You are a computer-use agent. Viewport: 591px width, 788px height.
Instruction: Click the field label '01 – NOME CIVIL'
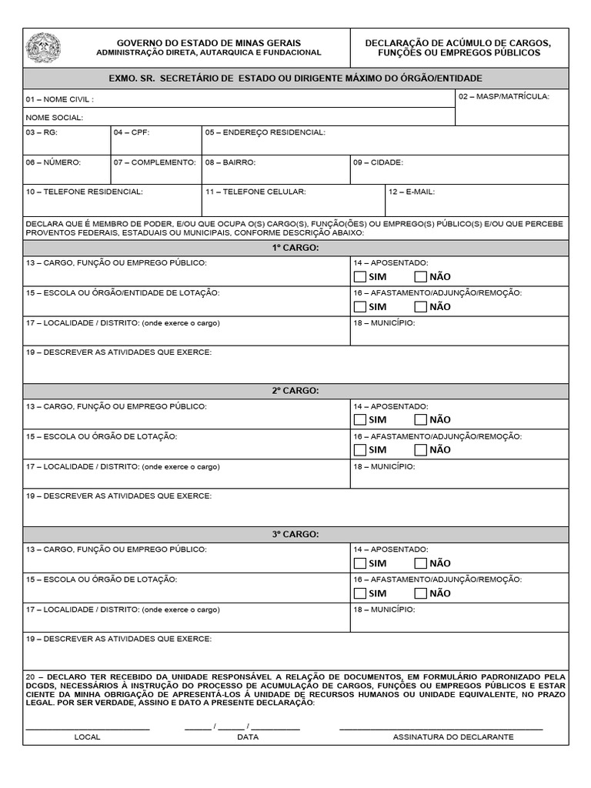(x=59, y=99)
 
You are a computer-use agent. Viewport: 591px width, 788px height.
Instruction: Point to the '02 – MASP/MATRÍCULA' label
(x=503, y=97)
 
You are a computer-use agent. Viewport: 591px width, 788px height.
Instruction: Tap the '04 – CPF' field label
(x=132, y=132)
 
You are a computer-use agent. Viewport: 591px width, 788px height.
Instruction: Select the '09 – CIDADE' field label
(x=378, y=162)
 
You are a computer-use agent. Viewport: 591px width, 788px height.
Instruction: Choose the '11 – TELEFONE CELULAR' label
(x=255, y=192)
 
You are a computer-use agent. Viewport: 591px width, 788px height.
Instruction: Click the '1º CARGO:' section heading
(x=295, y=247)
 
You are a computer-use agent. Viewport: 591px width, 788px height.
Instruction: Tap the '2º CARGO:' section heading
(x=295, y=390)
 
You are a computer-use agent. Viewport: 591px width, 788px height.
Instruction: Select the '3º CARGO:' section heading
(x=295, y=533)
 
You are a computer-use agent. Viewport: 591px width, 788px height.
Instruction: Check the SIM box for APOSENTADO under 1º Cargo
(x=360, y=276)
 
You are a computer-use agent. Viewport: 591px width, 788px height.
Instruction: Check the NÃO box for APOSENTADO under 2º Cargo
(x=420, y=419)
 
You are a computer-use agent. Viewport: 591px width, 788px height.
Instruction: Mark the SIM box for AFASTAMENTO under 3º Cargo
(x=360, y=593)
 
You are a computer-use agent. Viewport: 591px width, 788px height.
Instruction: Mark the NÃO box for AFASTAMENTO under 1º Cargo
(x=420, y=306)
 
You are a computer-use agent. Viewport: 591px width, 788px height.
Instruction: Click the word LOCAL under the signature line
(x=87, y=737)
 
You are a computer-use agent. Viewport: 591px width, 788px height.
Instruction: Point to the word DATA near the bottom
(x=247, y=737)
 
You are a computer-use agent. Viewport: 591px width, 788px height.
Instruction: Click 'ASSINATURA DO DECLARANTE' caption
(x=452, y=737)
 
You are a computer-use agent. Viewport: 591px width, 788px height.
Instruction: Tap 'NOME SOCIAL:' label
(x=54, y=118)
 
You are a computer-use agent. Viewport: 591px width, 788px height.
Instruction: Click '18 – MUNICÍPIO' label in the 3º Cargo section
(x=384, y=609)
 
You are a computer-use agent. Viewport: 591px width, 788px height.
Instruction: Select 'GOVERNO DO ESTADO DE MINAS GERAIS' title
(x=209, y=42)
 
